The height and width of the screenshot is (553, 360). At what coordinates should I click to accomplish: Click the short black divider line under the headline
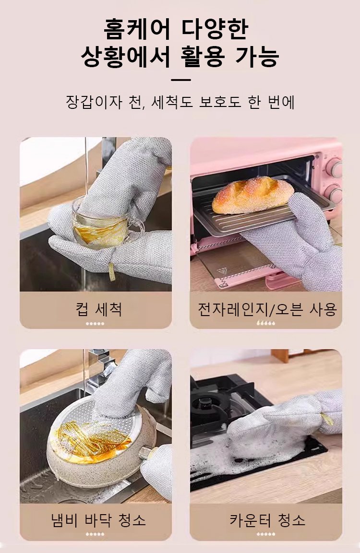180,80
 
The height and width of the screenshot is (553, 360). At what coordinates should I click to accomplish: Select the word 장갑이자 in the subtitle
94,102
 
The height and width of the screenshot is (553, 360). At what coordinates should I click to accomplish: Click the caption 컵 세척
99,309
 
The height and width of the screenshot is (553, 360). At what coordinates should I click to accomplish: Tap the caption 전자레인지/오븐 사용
267,309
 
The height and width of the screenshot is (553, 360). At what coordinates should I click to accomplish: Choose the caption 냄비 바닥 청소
98,520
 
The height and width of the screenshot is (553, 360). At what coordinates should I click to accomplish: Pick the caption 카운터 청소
267,520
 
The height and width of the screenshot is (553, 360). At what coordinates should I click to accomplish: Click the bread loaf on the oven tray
252,195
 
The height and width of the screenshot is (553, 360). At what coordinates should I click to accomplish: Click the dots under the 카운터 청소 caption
266,534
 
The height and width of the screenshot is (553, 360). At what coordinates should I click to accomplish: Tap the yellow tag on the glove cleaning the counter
327,419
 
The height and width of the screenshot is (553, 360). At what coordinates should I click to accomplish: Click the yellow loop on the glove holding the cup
112,271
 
